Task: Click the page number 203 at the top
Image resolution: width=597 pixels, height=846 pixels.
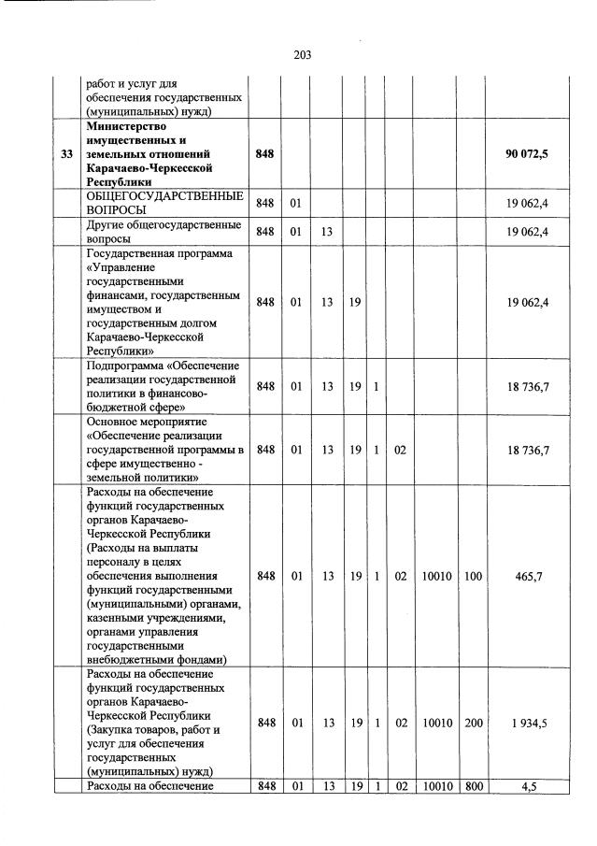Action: coord(302,54)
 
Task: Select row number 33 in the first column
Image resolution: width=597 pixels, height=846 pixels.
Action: coord(66,153)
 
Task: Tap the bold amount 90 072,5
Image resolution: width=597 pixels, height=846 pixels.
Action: coord(527,153)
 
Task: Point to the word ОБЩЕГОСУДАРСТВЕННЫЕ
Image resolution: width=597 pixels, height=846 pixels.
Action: coord(163,196)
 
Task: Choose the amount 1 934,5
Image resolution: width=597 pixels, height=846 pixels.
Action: coord(527,722)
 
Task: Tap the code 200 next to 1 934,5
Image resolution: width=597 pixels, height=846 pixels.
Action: coord(473,722)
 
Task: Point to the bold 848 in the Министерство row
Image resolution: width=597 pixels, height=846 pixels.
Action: coord(265,153)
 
